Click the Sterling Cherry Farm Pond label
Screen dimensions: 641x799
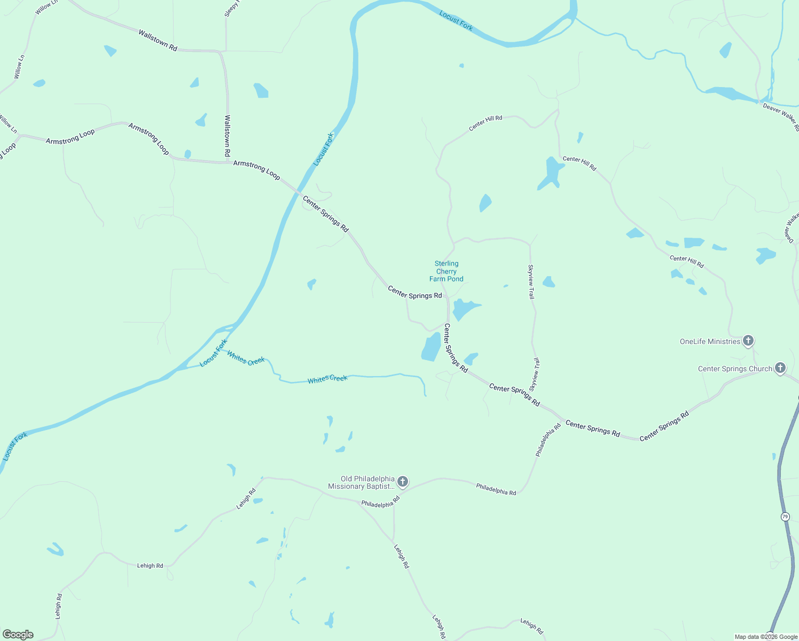point(446,271)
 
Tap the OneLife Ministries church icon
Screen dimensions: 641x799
point(748,340)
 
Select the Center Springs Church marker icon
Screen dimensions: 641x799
point(780,368)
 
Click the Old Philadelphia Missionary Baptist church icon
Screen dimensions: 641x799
point(403,482)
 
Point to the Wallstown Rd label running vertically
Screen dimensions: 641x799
point(228,136)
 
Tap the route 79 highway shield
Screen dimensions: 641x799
point(785,517)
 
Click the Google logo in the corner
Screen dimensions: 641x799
point(18,635)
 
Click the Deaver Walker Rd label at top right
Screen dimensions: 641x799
point(780,116)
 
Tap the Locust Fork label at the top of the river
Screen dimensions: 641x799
point(456,21)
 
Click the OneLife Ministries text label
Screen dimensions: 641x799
point(710,341)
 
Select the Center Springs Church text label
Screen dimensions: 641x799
point(735,369)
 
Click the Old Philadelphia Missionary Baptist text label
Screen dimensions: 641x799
point(361,482)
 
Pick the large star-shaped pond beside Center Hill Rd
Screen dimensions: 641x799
point(552,172)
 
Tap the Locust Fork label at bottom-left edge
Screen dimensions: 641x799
point(15,447)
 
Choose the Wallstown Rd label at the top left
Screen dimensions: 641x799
point(158,41)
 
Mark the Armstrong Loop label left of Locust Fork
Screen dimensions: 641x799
point(256,169)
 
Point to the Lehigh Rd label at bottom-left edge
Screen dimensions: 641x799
point(58,606)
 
